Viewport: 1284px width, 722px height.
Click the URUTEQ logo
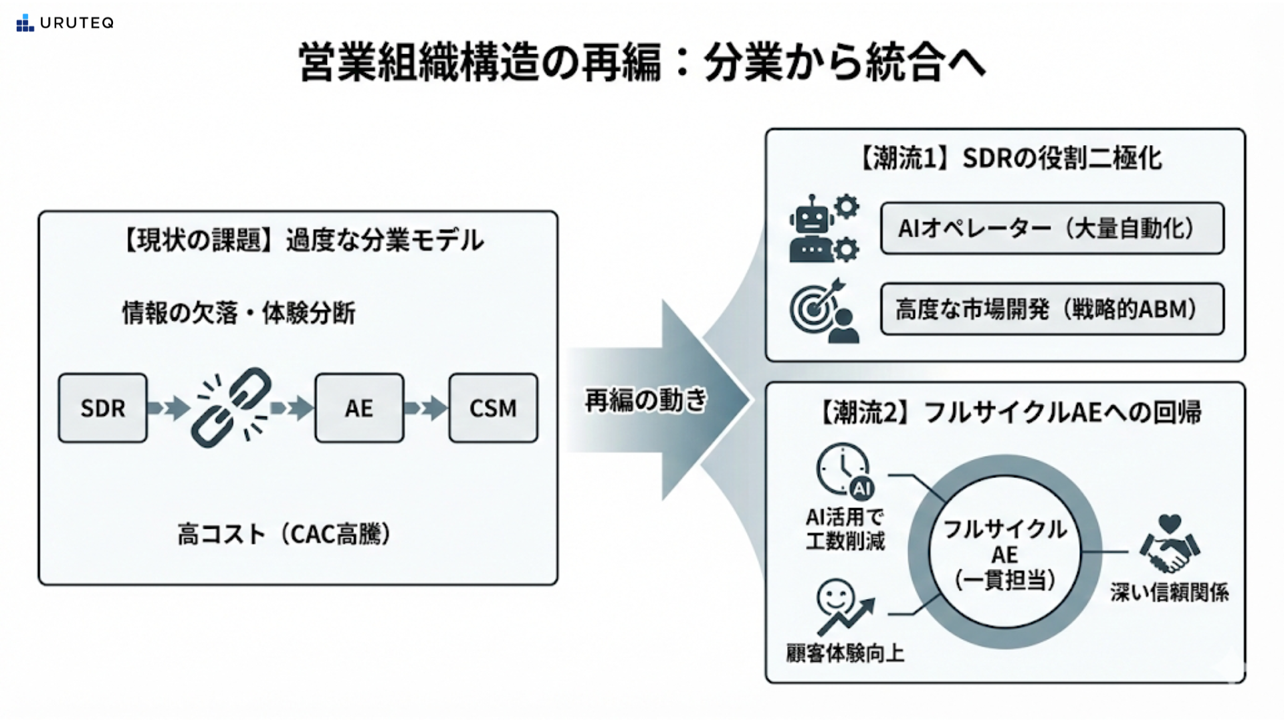point(65,23)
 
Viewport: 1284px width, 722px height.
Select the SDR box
point(102,408)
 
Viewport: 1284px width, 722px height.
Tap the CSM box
point(493,408)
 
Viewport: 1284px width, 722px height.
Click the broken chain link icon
point(231,407)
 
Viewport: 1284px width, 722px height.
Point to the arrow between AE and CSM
point(426,408)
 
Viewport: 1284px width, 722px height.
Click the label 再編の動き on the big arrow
point(645,400)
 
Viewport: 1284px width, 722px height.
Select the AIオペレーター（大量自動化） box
point(1052,229)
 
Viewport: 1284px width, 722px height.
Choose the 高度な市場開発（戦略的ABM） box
point(1052,309)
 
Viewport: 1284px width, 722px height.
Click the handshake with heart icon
point(1170,544)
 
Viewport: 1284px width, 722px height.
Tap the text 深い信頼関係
point(1170,592)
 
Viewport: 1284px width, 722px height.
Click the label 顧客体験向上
point(845,653)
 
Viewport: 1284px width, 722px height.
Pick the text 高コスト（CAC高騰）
point(284,534)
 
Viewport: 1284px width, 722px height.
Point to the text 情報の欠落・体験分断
point(239,313)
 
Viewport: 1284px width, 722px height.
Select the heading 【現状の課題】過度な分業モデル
point(300,240)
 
